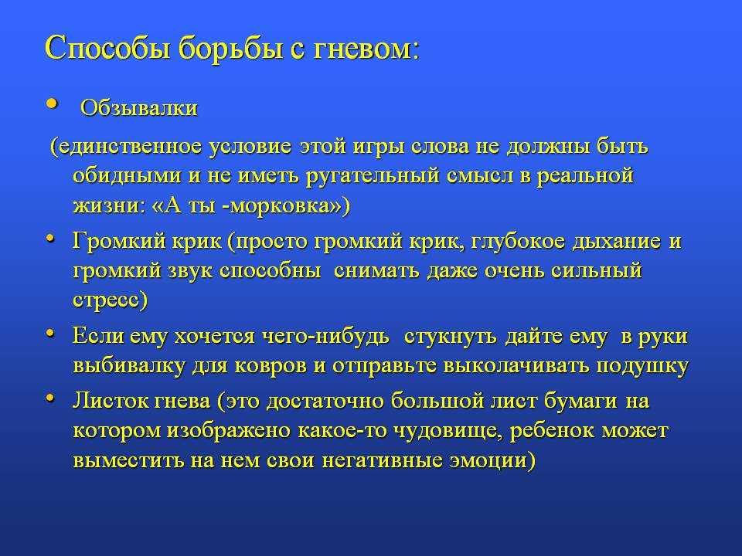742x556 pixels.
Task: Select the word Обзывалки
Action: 138,108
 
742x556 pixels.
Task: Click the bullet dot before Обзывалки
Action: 52,103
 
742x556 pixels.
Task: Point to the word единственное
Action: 130,147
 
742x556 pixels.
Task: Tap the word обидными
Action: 127,176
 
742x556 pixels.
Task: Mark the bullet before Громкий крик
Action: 50,239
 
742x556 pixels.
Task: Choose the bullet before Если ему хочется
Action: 50,334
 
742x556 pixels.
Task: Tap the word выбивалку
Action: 128,366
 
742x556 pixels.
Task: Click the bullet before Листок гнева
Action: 50,398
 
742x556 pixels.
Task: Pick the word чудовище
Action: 448,431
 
